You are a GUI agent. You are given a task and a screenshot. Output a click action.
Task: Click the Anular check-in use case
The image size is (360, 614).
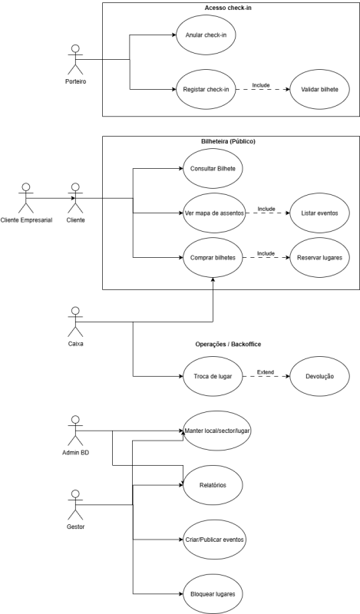[206, 35]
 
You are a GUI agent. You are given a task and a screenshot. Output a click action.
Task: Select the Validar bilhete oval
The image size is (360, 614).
[319, 89]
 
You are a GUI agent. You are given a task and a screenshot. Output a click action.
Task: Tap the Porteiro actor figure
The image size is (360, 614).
[75, 60]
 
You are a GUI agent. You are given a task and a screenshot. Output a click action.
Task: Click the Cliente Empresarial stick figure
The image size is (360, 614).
[26, 198]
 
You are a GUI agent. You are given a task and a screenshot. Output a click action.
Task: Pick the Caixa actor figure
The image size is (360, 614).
[75, 322]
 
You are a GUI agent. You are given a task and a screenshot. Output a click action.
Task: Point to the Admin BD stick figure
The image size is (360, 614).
[75, 431]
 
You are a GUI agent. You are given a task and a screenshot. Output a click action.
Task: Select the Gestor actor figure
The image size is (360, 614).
[75, 505]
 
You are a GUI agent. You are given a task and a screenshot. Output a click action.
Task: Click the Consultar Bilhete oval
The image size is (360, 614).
[213, 169]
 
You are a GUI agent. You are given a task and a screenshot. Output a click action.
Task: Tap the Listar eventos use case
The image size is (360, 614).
[319, 213]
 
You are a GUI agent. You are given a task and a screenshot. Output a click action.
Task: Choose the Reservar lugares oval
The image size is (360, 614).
[319, 258]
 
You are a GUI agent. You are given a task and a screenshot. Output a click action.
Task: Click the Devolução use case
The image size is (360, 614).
[319, 376]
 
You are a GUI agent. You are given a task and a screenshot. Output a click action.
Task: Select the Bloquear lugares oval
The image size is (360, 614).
[213, 594]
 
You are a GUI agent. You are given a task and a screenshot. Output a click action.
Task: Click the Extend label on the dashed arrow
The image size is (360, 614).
[266, 372]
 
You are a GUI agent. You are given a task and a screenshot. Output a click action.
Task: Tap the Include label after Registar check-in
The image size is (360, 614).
[261, 85]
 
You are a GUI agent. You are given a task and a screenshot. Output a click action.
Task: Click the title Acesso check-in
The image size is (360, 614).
[228, 8]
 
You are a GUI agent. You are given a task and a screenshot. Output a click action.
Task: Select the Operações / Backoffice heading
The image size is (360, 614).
[229, 344]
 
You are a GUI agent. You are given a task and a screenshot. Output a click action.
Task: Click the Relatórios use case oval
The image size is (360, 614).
[213, 485]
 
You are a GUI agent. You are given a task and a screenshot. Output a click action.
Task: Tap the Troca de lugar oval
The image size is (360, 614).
[213, 376]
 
